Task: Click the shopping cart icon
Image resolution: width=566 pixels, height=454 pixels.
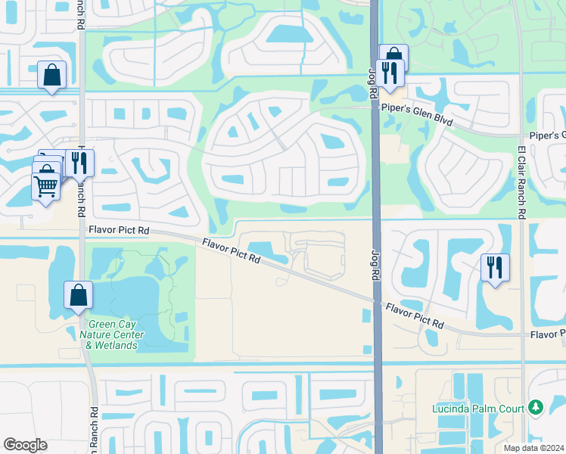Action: (x=46, y=185)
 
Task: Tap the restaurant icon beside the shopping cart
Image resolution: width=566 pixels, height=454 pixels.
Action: (x=79, y=162)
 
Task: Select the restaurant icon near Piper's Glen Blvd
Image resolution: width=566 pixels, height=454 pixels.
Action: (x=390, y=73)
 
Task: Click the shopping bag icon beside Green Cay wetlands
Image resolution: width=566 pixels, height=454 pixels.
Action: (x=79, y=296)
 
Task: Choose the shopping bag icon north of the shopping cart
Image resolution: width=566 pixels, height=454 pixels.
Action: (x=51, y=75)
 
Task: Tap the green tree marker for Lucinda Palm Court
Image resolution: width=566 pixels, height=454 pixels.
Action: (x=536, y=408)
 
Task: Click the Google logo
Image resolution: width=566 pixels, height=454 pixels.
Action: (x=25, y=445)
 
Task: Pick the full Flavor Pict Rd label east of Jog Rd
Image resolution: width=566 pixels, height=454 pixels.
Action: (x=415, y=316)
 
